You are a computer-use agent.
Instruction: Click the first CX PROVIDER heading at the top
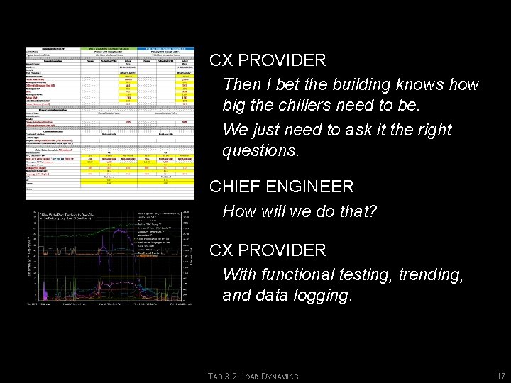click(x=268, y=61)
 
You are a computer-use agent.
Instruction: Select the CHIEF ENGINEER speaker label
click(x=281, y=187)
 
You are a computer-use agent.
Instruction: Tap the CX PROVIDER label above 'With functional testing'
click(x=268, y=250)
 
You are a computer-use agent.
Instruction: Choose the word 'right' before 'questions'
click(x=430, y=131)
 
